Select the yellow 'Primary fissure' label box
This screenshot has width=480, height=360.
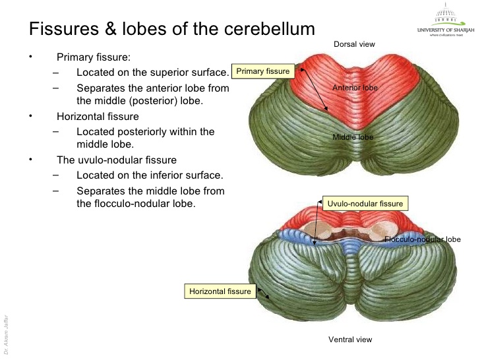[x=263, y=71]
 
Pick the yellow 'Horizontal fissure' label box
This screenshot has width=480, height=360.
[x=220, y=291]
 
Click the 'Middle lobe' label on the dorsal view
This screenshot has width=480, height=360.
[x=353, y=137]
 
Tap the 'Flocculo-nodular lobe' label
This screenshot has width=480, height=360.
[x=422, y=239]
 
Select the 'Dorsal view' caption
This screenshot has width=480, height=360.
[x=354, y=44]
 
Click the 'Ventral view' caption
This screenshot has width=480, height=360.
[x=350, y=340]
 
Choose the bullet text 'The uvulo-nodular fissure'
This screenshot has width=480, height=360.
[x=117, y=160]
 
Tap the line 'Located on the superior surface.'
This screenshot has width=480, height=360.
[x=152, y=72]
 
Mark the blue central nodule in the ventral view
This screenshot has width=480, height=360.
[x=354, y=245]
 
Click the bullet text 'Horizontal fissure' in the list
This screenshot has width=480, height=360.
[x=98, y=116]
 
